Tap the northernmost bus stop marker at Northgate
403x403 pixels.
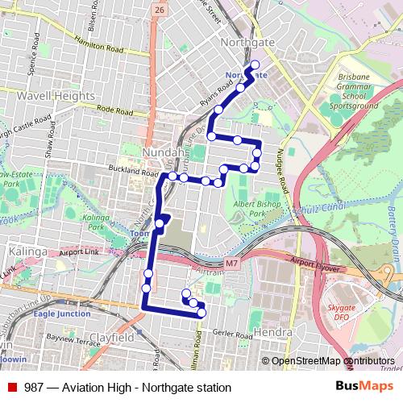click(256, 64)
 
